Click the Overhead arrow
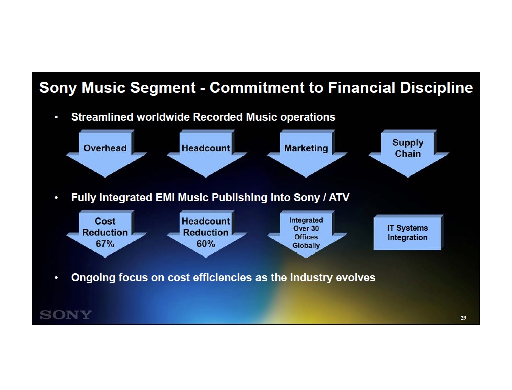106,154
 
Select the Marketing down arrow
307,154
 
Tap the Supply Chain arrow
409,154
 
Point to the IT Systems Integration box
408,232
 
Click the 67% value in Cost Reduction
105,244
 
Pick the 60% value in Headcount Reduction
206,244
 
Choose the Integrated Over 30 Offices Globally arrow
307,234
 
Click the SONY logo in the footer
66,315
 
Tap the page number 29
463,318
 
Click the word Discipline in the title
436,88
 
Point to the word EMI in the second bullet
165,198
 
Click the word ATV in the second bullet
339,198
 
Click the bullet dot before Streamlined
56,117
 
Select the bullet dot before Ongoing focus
56,278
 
